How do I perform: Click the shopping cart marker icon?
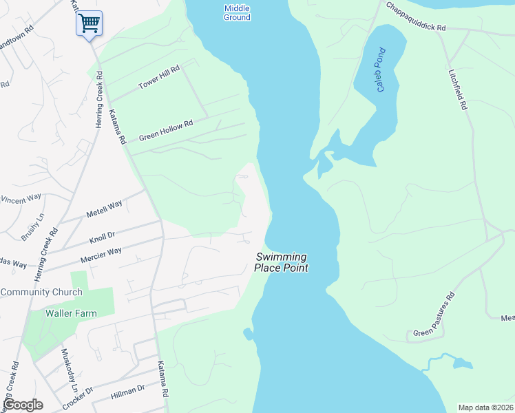pyautogui.click(x=89, y=23)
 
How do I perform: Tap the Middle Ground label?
pyautogui.click(x=237, y=12)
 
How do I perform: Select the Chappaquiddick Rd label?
pyautogui.click(x=416, y=17)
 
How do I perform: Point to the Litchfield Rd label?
pyautogui.click(x=457, y=89)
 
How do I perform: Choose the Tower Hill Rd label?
pyautogui.click(x=158, y=76)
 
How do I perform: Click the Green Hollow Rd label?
pyautogui.click(x=165, y=129)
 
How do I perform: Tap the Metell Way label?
pyautogui.click(x=104, y=209)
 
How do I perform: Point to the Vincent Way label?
pyautogui.click(x=21, y=200)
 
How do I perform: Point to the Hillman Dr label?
pyautogui.click(x=128, y=393)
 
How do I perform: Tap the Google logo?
pyautogui.click(x=23, y=405)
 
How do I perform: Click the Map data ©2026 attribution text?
pyautogui.click(x=485, y=407)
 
